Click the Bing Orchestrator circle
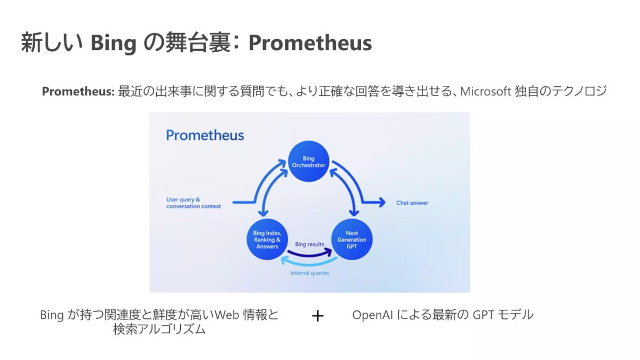coord(309,162)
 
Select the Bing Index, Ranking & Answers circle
coord(267,239)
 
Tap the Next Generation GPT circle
coord(351,239)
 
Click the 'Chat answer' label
coord(412,203)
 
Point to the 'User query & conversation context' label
coord(194,203)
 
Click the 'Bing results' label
coord(309,244)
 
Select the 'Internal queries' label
coord(309,273)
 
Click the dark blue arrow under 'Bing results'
coord(310,254)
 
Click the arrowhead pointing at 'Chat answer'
coord(382,203)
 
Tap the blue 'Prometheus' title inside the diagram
coord(205,135)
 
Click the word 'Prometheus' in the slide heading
coord(310,43)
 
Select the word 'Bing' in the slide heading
coord(114,44)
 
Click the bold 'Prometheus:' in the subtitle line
coord(78,91)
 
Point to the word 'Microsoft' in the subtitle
coord(485,91)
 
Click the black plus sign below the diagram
coord(318,316)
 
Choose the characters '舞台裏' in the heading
coord(198,43)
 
